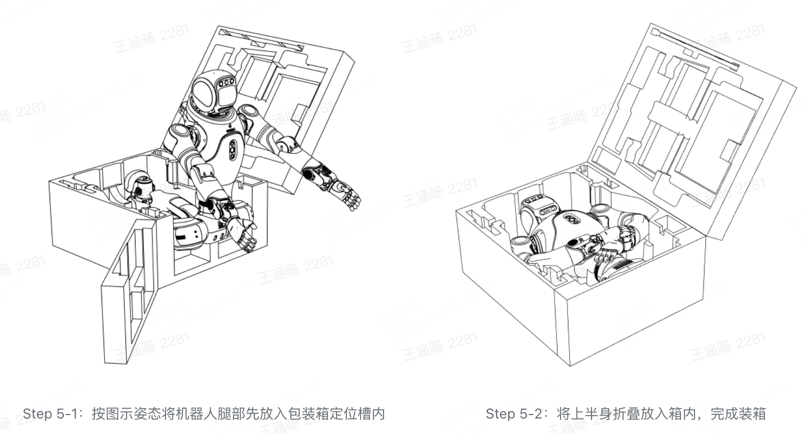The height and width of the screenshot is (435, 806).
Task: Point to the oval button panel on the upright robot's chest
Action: pos(233,150)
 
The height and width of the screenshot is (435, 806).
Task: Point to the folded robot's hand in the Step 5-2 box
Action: pos(607,250)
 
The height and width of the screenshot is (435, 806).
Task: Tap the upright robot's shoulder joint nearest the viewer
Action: pos(179,134)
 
